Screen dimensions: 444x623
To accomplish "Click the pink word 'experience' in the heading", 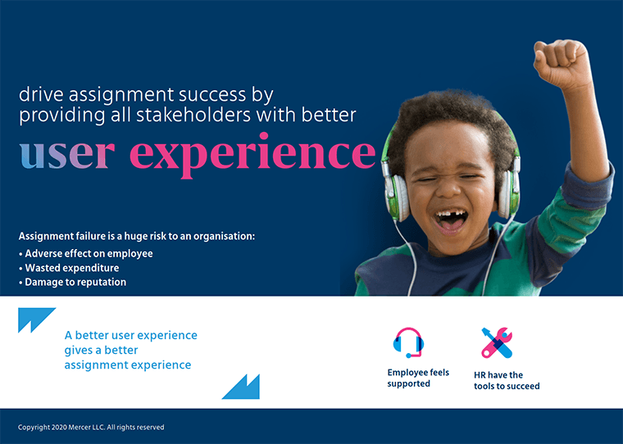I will [x=252, y=155].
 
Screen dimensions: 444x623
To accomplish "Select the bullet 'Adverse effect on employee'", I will [x=88, y=253].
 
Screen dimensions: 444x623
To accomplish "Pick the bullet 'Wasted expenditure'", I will [x=71, y=268].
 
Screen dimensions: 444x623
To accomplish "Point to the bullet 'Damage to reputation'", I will [x=75, y=282].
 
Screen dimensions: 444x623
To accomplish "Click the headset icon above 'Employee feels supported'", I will [x=408, y=342].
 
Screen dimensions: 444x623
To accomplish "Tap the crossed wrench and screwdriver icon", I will [x=497, y=342].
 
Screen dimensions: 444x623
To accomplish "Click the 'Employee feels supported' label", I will [x=418, y=378].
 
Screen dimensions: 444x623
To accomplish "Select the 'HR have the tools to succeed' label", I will [x=506, y=381].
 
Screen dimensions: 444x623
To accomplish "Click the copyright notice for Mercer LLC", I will [x=91, y=427].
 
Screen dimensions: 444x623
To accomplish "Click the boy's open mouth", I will [x=450, y=220].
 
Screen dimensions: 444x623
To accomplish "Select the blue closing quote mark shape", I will [x=241, y=387].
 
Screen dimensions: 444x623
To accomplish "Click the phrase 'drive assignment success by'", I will [x=145, y=95].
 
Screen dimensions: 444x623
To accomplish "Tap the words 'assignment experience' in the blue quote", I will [x=127, y=365].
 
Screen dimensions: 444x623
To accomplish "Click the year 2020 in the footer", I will [x=57, y=427].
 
